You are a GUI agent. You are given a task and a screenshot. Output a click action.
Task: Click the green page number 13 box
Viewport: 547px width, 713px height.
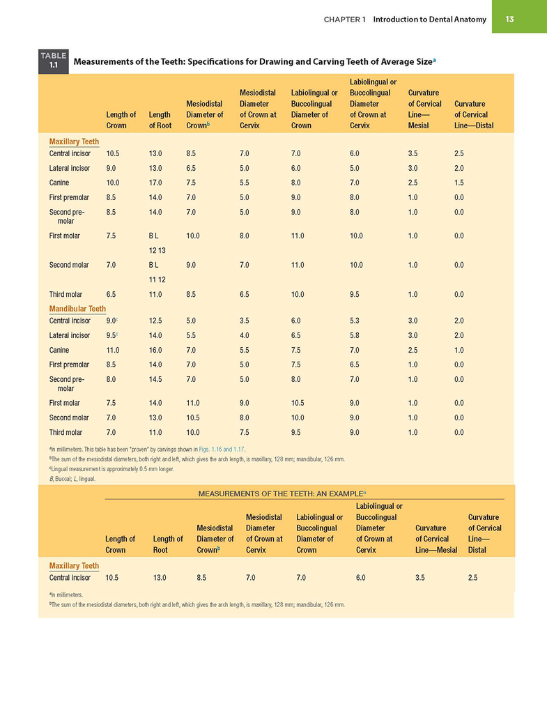click(519, 16)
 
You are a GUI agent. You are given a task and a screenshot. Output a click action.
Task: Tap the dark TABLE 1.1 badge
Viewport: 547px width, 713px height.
click(54, 61)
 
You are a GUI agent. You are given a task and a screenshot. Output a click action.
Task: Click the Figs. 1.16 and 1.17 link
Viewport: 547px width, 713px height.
click(222, 450)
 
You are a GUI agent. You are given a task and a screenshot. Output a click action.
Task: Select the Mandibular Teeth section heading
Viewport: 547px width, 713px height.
click(77, 309)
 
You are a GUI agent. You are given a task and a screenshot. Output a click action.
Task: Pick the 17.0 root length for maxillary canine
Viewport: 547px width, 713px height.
click(155, 183)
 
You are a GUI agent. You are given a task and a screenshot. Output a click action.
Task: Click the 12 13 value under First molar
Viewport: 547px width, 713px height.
click(157, 250)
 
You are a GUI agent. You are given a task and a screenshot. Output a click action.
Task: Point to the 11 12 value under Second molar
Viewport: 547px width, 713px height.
click(157, 279)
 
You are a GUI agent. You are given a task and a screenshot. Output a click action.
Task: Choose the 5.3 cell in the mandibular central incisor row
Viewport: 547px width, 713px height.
click(354, 321)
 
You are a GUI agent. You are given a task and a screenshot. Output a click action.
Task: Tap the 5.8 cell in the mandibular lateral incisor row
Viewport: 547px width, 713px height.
click(354, 335)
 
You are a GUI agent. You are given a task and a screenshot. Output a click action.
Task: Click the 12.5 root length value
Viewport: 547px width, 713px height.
click(155, 321)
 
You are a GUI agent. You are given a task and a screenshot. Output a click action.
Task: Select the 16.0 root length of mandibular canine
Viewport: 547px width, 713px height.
click(155, 350)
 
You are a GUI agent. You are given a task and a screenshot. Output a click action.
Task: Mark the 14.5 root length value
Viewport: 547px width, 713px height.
click(155, 379)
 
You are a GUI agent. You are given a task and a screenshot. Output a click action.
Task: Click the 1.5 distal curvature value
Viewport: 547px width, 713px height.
click(459, 183)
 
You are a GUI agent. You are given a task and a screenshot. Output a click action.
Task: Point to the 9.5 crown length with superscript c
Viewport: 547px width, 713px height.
click(112, 335)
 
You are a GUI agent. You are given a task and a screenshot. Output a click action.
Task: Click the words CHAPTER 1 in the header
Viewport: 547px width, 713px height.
click(345, 19)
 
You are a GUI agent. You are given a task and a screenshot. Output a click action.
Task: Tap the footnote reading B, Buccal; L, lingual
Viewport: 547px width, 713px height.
click(72, 479)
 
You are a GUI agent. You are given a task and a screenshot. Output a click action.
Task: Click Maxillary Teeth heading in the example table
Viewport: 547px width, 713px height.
click(74, 566)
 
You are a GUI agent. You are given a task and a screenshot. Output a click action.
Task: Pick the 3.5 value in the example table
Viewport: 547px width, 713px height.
click(420, 578)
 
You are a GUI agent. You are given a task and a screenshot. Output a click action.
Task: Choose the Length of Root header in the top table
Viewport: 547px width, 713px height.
click(160, 120)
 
